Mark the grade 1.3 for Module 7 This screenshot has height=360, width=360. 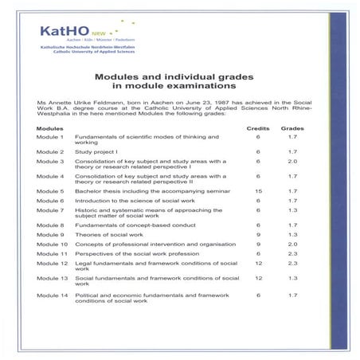tap(293, 210)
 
